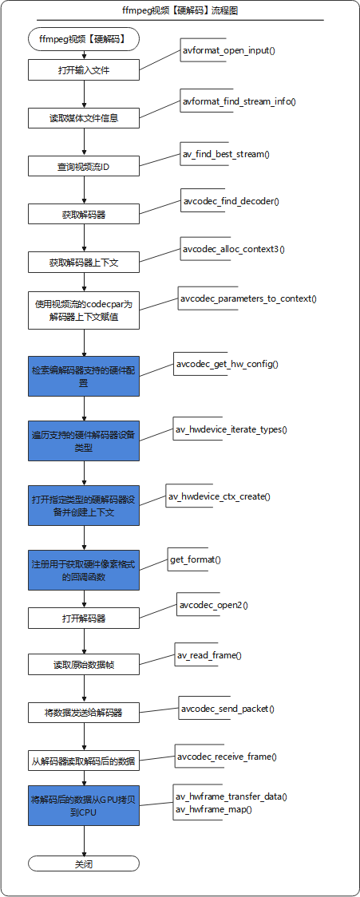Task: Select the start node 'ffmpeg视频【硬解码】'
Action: [x=84, y=40]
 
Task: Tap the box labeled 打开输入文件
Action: [x=84, y=71]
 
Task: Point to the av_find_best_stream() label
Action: [x=227, y=154]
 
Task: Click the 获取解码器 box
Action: [x=84, y=215]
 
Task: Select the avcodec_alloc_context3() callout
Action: [x=233, y=249]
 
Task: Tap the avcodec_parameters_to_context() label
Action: [x=248, y=298]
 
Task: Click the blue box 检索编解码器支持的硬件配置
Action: [x=84, y=376]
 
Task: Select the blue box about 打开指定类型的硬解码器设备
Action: [x=84, y=505]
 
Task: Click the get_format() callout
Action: [x=196, y=559]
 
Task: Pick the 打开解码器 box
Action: [x=84, y=618]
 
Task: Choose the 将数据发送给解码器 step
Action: [x=84, y=713]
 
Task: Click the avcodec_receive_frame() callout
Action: [x=227, y=757]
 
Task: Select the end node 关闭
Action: [x=84, y=863]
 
